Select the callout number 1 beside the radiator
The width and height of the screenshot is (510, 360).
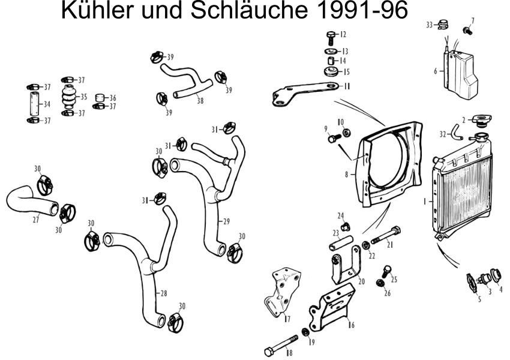[424, 202]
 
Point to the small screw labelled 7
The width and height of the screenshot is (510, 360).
[467, 29]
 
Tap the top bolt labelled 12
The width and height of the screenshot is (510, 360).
[330, 35]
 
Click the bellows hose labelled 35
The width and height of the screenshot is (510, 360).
[70, 97]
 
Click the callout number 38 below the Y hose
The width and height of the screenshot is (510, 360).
[200, 101]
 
